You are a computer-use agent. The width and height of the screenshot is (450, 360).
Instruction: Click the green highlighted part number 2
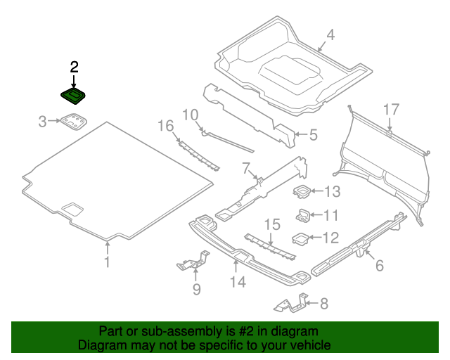tap(72, 96)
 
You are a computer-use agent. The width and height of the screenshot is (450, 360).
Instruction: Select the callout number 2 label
tap(74, 67)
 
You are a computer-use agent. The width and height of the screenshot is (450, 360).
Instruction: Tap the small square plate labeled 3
tap(75, 123)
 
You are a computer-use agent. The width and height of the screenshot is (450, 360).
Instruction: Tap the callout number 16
tap(165, 126)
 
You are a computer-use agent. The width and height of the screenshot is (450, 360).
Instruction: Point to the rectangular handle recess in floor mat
tap(73, 209)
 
